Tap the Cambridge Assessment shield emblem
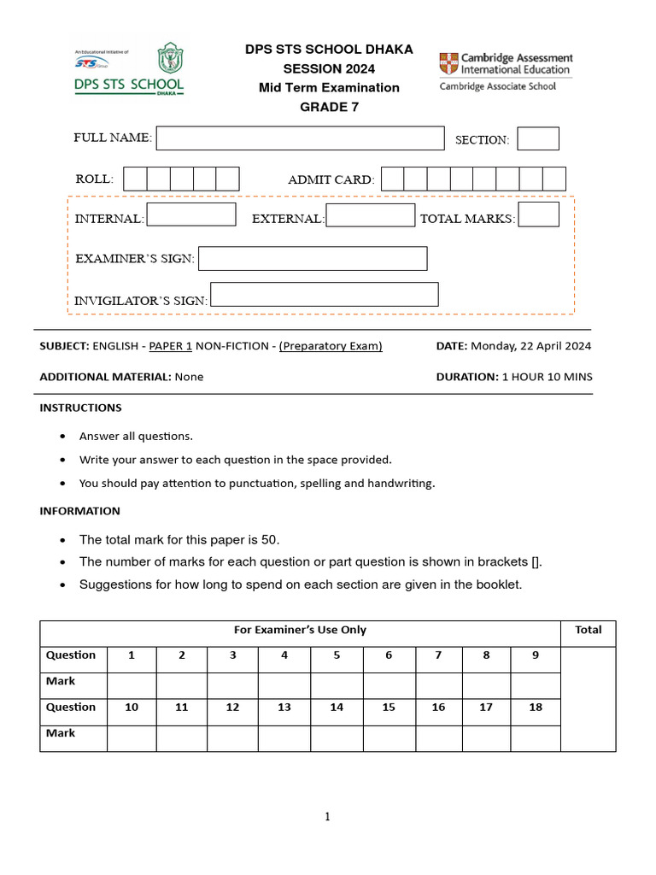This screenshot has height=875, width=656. click(x=448, y=63)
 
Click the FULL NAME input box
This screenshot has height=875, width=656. click(x=300, y=138)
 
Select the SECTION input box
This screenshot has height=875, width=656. click(x=538, y=138)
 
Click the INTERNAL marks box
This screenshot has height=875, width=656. click(x=191, y=214)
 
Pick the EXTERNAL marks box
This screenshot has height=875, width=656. click(x=371, y=215)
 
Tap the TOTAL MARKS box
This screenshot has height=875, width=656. click(x=539, y=214)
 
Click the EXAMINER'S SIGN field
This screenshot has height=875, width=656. click(x=313, y=258)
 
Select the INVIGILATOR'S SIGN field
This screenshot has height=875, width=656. click(x=324, y=295)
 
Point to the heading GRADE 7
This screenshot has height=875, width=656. click(x=329, y=107)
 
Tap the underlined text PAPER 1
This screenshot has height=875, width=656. click(x=171, y=346)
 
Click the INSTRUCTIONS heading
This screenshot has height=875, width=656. click(x=80, y=408)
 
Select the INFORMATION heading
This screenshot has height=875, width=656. click(x=79, y=511)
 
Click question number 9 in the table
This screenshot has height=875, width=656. click(x=536, y=655)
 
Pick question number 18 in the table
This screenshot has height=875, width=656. click(x=536, y=708)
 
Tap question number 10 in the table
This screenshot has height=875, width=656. click(x=132, y=708)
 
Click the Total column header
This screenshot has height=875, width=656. click(x=589, y=630)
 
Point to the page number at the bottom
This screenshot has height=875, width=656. click(x=327, y=817)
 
